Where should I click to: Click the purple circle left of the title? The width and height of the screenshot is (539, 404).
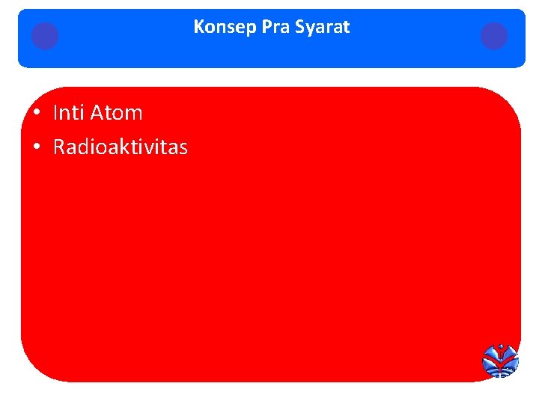click(45, 36)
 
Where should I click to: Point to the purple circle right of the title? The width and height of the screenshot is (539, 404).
click(494, 36)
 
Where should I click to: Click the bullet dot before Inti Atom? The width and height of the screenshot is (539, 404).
click(36, 114)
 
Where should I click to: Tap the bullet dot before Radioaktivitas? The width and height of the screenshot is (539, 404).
click(36, 147)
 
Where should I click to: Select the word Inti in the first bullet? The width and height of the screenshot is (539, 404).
click(68, 113)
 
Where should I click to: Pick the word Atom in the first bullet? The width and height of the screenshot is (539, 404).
click(116, 113)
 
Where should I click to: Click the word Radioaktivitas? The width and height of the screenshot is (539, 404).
click(121, 147)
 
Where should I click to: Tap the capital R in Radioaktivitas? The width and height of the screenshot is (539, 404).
click(59, 147)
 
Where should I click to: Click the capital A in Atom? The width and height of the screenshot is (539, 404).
click(97, 113)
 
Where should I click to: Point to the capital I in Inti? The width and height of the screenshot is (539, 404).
click(55, 113)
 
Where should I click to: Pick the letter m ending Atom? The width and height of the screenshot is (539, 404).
click(134, 114)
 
